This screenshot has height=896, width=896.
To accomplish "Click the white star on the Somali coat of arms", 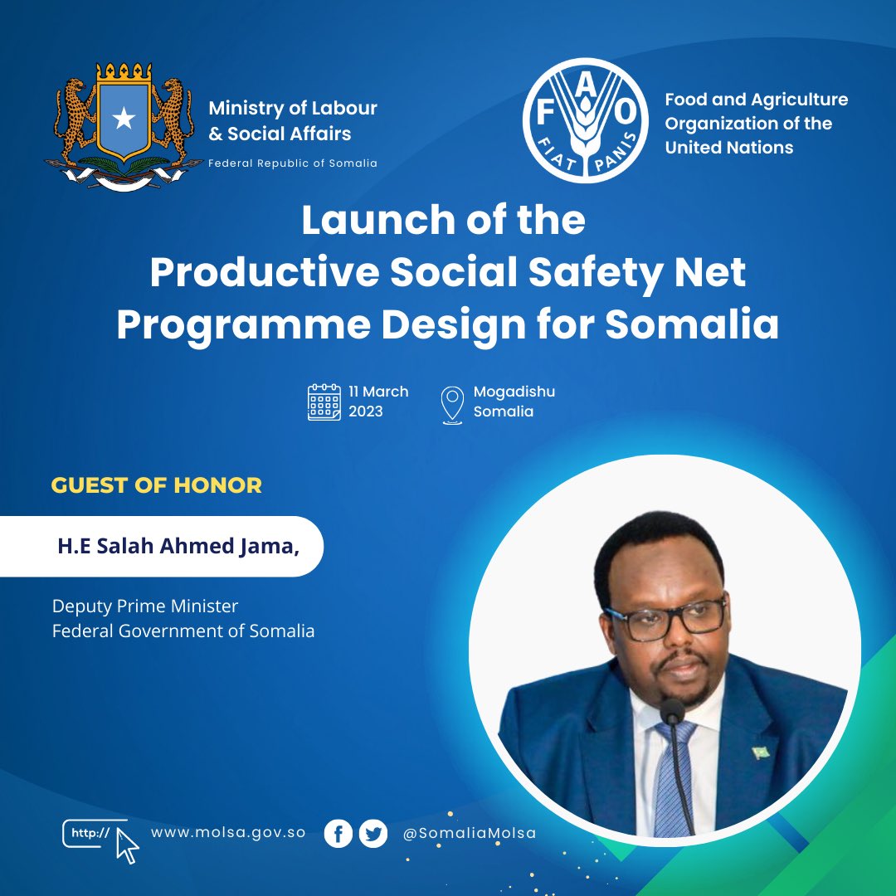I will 124,119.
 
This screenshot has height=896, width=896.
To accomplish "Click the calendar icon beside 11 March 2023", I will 324,402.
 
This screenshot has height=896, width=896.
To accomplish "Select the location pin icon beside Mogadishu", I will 452,404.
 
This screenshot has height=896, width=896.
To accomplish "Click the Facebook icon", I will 338,833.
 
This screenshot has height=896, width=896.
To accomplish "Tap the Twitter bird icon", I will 373,833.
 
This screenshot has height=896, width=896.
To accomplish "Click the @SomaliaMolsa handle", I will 470,833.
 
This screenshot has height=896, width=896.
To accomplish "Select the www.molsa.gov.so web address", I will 228,832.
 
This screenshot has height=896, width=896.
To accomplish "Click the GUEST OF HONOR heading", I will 156,485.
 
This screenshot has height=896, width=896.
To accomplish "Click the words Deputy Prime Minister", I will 145,606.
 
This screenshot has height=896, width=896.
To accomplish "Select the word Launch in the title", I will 373,221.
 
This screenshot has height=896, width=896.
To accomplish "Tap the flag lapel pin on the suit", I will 761,752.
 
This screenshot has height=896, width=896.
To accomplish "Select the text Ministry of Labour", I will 293,108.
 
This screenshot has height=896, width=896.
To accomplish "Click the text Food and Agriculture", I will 756,100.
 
